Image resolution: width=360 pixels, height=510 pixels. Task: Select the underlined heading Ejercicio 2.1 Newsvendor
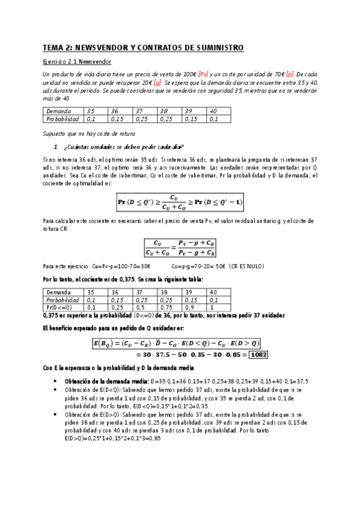[77, 62]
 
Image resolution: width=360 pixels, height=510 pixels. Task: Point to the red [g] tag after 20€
[157, 82]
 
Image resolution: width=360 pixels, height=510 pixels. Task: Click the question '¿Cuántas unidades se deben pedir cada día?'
[123, 147]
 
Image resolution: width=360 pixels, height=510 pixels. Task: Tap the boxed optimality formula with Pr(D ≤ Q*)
[180, 200]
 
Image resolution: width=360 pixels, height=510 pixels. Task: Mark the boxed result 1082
[258, 354]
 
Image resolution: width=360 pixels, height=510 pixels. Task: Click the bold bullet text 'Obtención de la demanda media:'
[106, 381]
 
